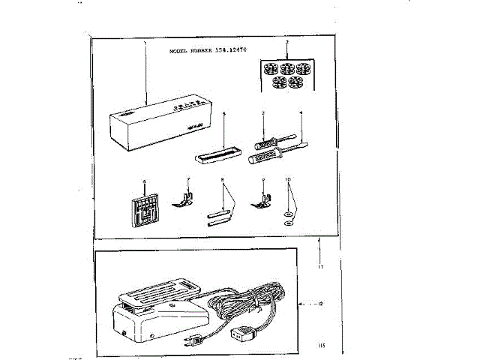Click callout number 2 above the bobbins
coord(287,43)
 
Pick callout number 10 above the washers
coord(289,181)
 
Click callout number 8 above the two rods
coord(223,181)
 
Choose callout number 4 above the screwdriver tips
coord(301,113)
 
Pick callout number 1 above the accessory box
coord(144,44)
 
